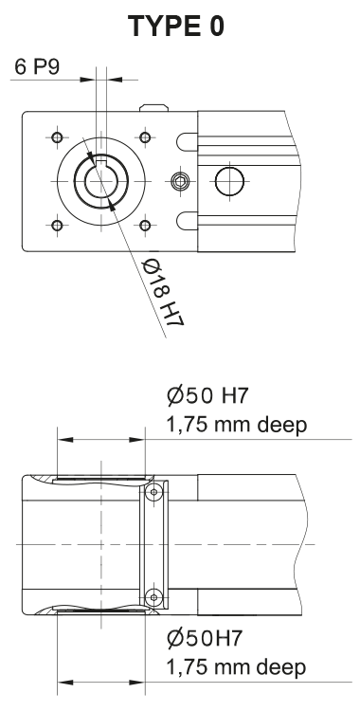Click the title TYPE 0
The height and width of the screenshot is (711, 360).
pyautogui.click(x=177, y=27)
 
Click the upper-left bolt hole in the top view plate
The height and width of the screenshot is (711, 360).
pyautogui.click(x=58, y=137)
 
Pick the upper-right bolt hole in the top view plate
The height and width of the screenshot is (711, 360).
pyautogui.click(x=145, y=137)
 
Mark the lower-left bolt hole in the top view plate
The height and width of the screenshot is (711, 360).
pyautogui.click(x=58, y=225)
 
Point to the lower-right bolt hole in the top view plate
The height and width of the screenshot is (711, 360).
pyautogui.click(x=145, y=225)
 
